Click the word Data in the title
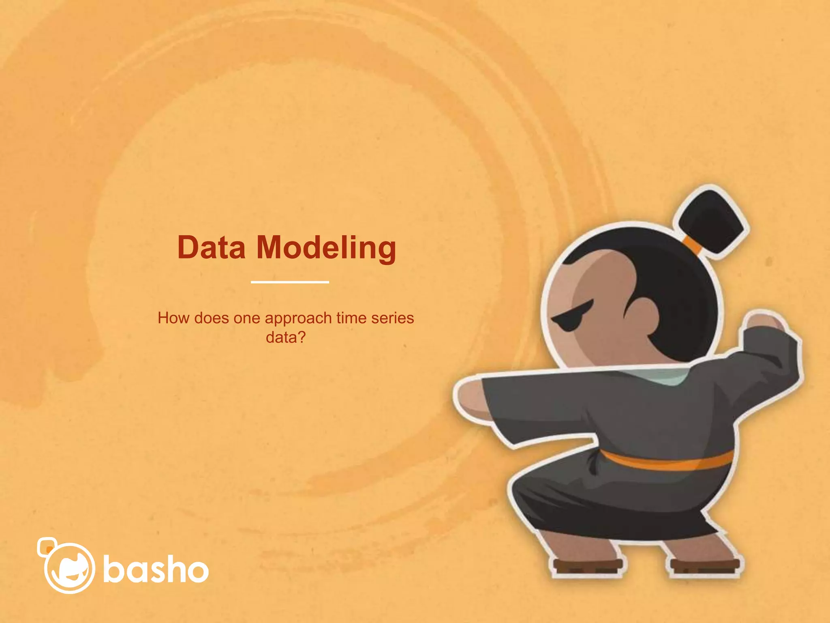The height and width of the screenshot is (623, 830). click(211, 247)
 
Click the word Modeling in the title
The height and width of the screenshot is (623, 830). click(326, 248)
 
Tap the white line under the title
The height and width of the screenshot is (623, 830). click(290, 281)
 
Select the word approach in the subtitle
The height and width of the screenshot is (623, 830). click(298, 318)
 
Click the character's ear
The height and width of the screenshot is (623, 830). click(642, 314)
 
